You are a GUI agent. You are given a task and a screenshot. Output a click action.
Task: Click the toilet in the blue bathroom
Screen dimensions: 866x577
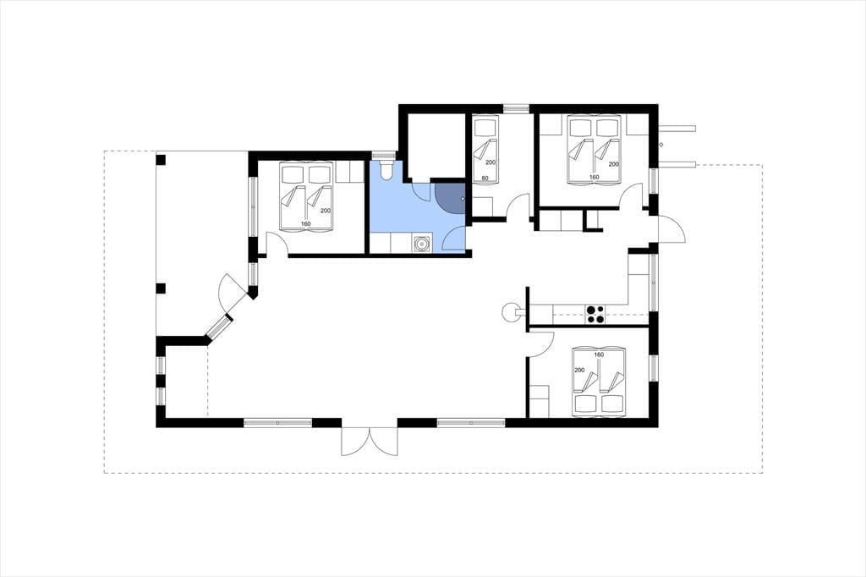(x=386, y=170)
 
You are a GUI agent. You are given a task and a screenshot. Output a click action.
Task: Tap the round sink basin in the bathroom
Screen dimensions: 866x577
(x=421, y=243)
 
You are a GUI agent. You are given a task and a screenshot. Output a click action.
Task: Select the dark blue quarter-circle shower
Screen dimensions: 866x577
(x=450, y=198)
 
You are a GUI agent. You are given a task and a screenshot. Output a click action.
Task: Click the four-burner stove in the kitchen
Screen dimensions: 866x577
(x=595, y=314)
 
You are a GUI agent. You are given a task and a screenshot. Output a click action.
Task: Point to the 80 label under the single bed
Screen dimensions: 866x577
(x=485, y=178)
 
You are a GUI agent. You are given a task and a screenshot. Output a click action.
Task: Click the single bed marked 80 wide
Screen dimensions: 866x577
(x=486, y=148)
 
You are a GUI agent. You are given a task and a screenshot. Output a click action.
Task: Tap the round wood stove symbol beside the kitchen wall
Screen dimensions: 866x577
(x=509, y=312)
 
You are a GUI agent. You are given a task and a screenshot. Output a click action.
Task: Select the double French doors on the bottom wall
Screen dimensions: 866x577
(x=370, y=442)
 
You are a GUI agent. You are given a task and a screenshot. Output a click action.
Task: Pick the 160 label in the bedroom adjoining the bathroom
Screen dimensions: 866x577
(x=305, y=224)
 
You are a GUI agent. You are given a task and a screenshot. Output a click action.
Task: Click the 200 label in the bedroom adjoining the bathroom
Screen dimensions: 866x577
(x=326, y=211)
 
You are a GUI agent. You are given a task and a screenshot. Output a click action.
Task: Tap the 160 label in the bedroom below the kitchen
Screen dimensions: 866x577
(x=599, y=354)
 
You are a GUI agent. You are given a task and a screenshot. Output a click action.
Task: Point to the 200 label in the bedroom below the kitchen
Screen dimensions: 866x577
(x=579, y=371)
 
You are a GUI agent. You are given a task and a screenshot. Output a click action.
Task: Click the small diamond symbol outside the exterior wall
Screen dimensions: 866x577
(x=661, y=145)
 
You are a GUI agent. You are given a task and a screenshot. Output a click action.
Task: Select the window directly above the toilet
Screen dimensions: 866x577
(x=382, y=156)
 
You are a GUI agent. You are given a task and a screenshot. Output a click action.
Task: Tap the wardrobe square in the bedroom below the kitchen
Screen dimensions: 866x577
(x=540, y=401)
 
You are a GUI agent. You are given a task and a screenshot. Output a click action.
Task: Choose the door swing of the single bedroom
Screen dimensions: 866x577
(x=517, y=206)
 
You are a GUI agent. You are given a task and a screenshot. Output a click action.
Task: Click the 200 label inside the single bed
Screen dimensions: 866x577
(x=491, y=162)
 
